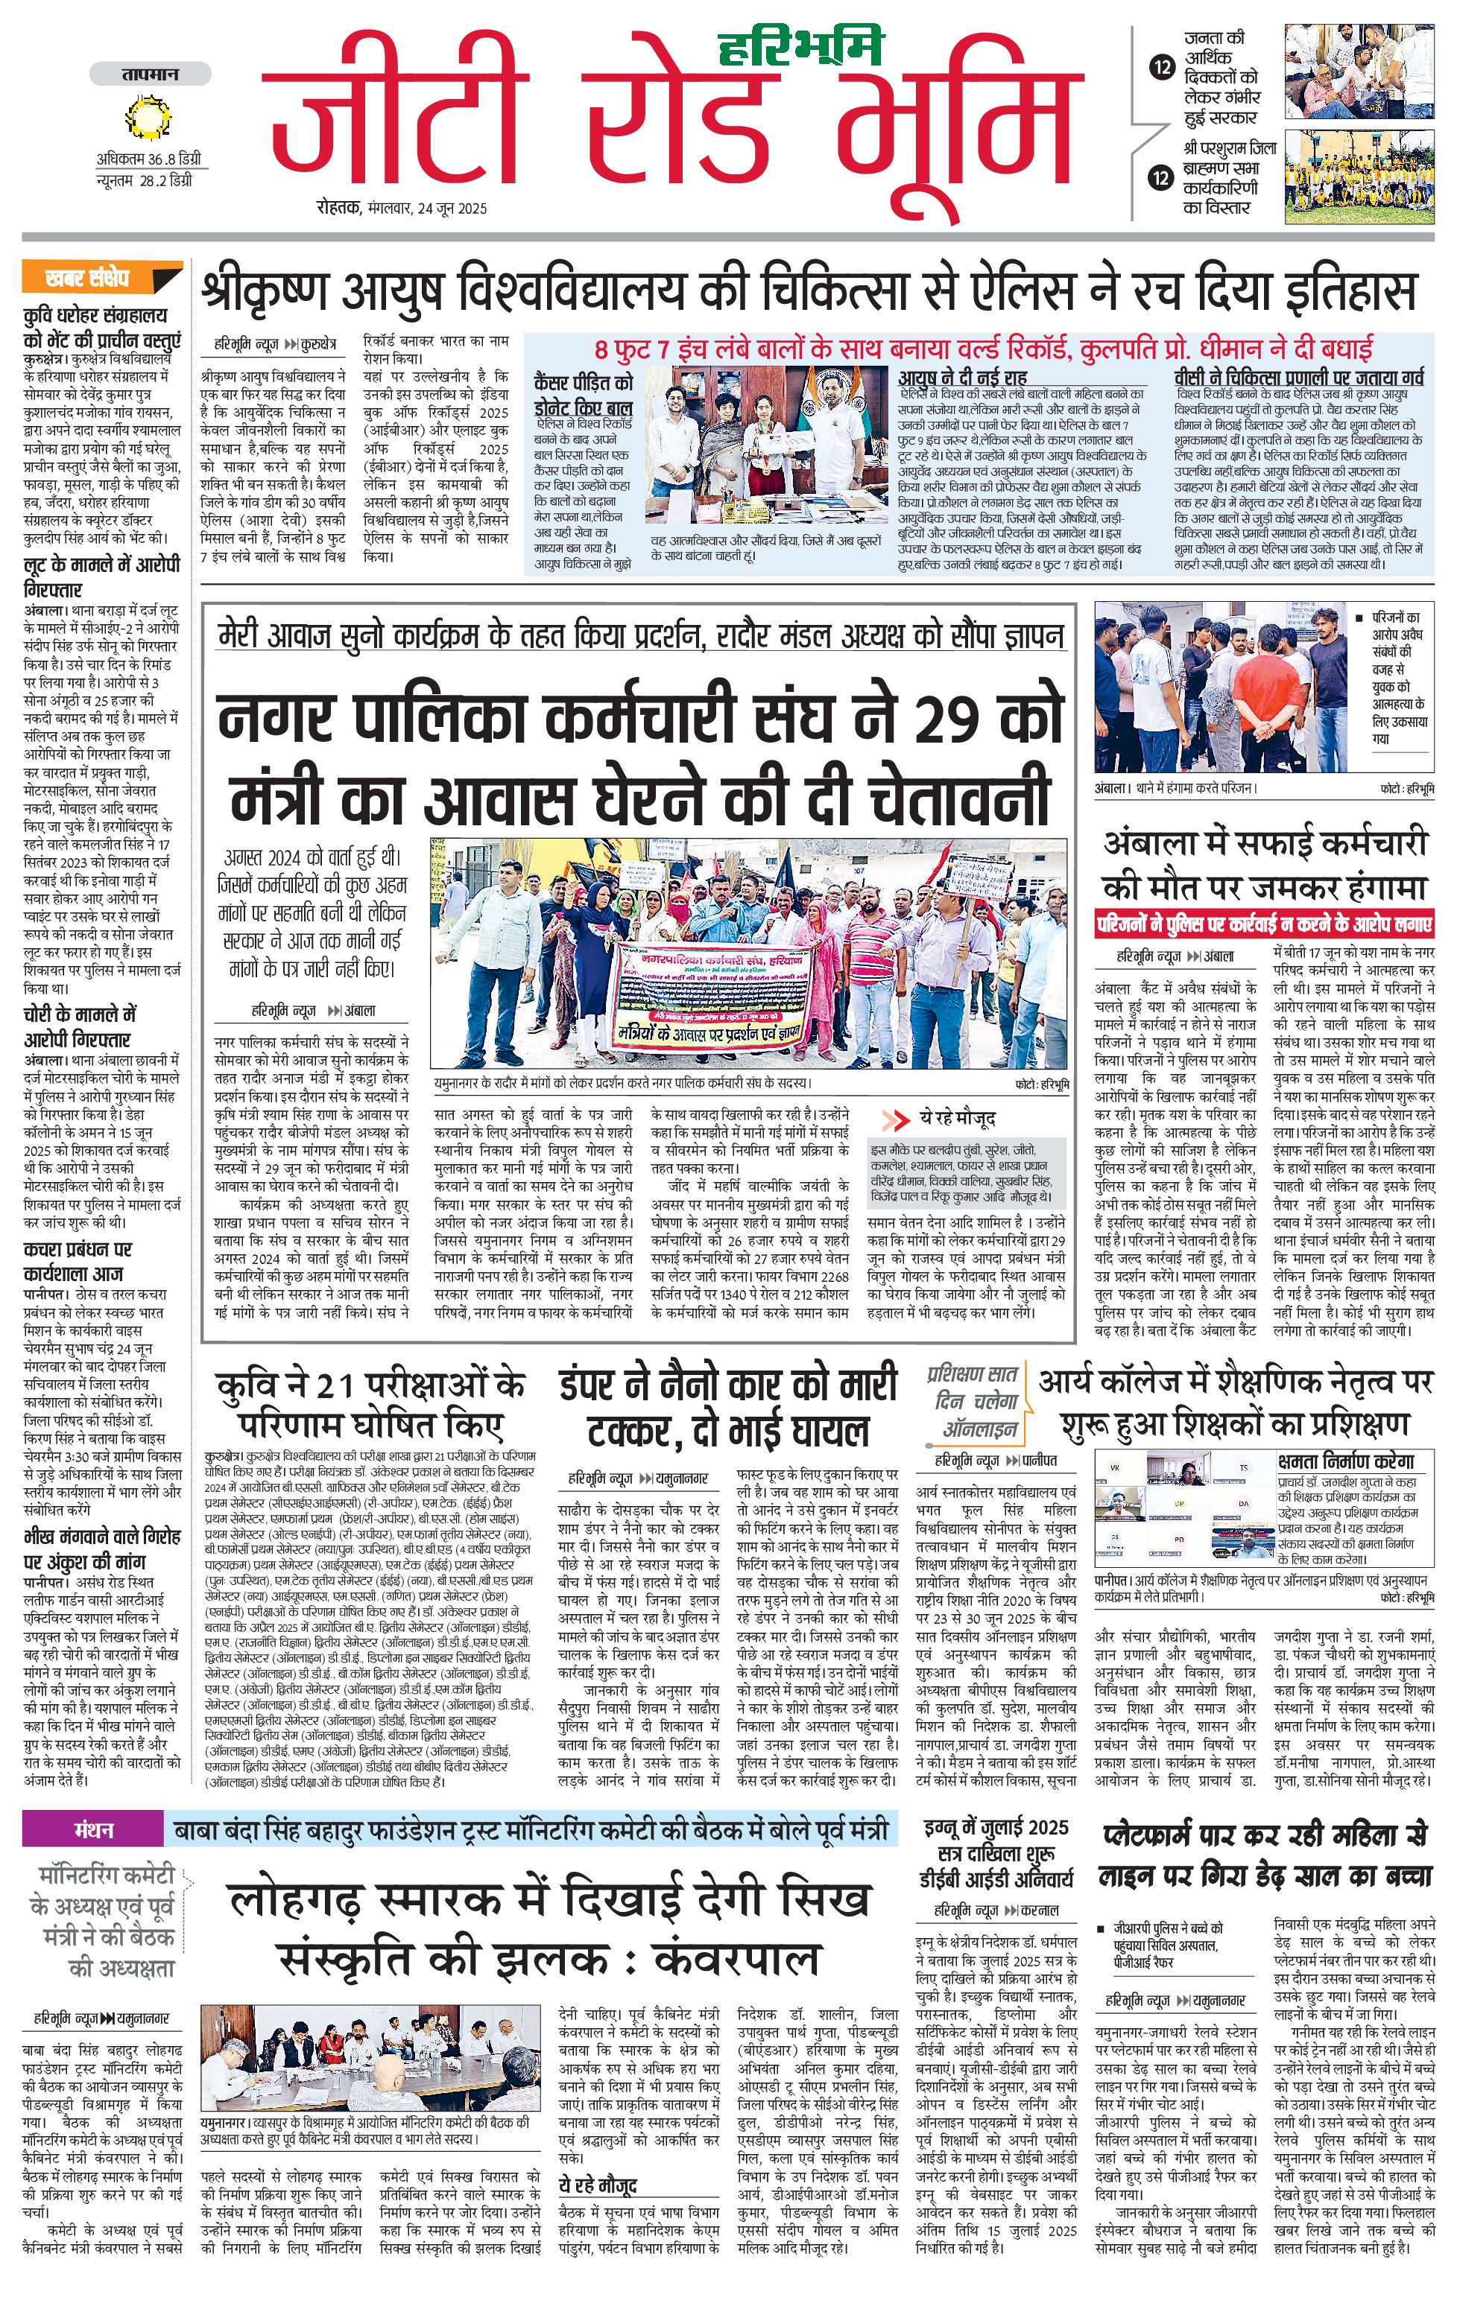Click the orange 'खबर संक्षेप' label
(88, 278)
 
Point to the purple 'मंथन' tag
(93, 1829)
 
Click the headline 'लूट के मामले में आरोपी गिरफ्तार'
(101, 577)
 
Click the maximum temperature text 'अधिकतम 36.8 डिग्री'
(148, 159)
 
